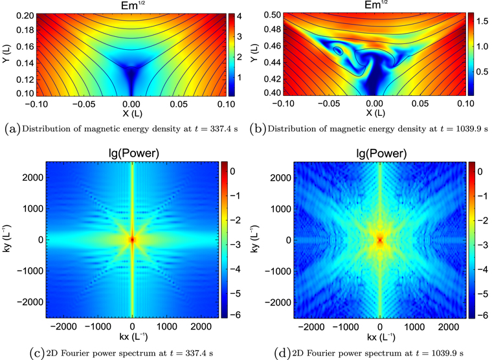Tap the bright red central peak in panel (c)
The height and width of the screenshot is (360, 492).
tap(132, 240)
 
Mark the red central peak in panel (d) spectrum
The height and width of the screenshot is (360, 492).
tap(380, 240)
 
